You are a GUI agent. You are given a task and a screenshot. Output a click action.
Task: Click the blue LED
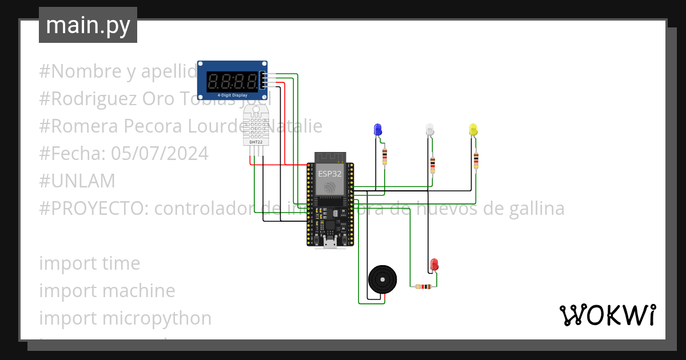[x=377, y=130]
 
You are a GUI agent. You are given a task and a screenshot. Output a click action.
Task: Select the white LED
[x=430, y=130]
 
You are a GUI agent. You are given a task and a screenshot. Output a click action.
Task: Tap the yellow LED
[x=473, y=130]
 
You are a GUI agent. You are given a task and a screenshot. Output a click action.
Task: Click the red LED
[x=434, y=265]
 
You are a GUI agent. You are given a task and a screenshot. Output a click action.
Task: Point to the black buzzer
[x=382, y=280]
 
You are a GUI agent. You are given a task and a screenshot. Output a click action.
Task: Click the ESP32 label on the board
[x=330, y=173]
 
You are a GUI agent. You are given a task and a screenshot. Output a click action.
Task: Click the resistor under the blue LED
[x=384, y=155]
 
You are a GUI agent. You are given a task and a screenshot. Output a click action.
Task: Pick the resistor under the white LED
[x=432, y=165]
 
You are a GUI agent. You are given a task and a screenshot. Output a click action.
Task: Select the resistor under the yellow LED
[x=476, y=160]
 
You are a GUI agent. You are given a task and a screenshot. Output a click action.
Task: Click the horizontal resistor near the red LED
[x=424, y=287]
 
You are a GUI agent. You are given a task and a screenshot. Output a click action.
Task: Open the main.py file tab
[x=88, y=25]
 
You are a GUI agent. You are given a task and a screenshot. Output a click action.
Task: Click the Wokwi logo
[x=607, y=315]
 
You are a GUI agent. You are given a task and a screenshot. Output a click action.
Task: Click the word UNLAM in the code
[x=77, y=181]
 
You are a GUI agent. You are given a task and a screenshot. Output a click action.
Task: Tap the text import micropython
[x=125, y=318]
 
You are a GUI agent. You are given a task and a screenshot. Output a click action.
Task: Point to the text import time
[x=90, y=263]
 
